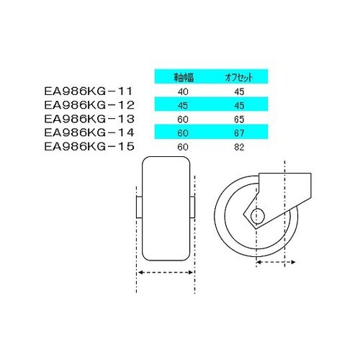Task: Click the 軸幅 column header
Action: tap(184, 77)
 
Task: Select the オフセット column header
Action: tap(239, 77)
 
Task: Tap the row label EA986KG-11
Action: tap(89, 91)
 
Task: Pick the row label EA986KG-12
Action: tap(89, 105)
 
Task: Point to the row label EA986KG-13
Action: tap(89, 119)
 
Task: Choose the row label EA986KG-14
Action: tap(89, 132)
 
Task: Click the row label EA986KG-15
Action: tap(89, 147)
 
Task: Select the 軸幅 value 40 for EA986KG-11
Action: tap(183, 91)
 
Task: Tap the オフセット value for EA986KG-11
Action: tap(239, 91)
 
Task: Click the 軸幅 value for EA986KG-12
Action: tap(183, 106)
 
